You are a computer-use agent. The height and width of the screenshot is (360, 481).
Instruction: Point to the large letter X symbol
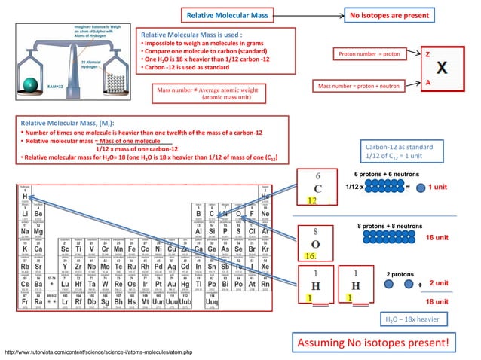pos(446,68)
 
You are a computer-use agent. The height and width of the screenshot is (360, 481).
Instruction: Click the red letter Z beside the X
pos(428,55)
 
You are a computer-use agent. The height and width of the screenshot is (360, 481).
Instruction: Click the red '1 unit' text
pos(439,187)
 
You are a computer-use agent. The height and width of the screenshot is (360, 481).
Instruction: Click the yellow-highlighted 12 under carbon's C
pos(311,201)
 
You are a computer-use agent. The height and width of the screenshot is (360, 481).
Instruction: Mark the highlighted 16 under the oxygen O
pos(310,256)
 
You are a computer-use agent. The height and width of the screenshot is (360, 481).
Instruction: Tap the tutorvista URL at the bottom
pos(98,351)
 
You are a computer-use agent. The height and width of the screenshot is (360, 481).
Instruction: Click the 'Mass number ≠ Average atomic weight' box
pos(207,94)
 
